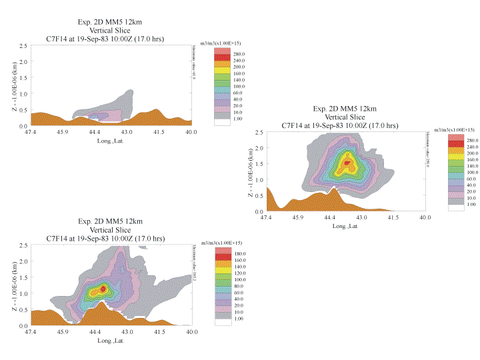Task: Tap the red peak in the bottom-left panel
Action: click(x=103, y=289)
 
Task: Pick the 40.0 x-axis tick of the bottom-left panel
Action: click(x=192, y=331)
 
